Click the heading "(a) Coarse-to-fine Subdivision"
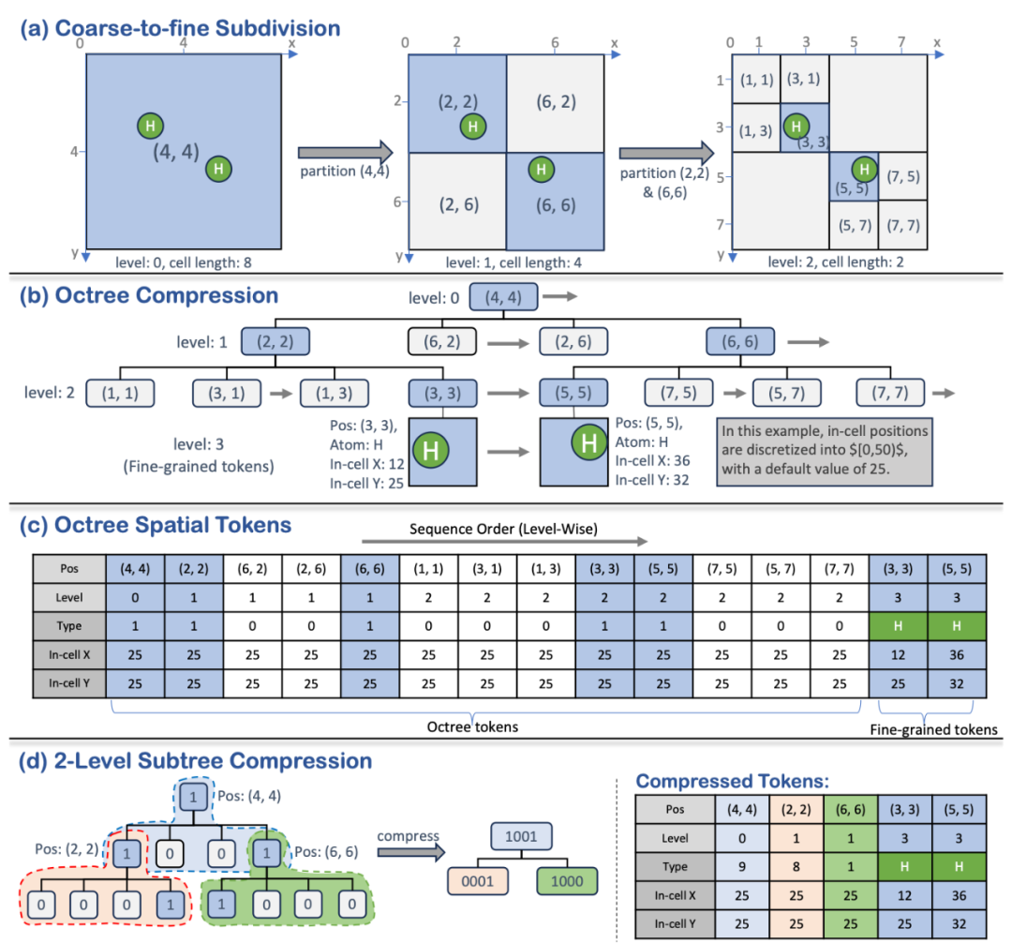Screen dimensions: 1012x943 (180, 28)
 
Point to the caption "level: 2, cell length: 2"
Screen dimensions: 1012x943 (835, 262)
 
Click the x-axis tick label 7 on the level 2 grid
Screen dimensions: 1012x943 (901, 42)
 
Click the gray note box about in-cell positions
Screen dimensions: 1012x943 (825, 452)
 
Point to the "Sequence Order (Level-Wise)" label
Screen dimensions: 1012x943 (503, 530)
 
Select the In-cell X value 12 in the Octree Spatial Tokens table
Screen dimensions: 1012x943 (898, 655)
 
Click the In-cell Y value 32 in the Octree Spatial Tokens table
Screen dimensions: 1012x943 (957, 683)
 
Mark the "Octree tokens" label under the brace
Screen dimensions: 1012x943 (472, 727)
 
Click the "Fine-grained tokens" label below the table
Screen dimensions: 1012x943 (933, 730)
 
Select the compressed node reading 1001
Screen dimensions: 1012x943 (521, 836)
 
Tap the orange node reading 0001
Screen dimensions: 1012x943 (478, 881)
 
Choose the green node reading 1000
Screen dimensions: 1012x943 (567, 881)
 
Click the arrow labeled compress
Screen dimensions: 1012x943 (411, 852)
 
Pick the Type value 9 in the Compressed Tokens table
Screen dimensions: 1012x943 (742, 867)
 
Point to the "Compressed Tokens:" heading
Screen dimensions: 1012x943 (733, 781)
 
